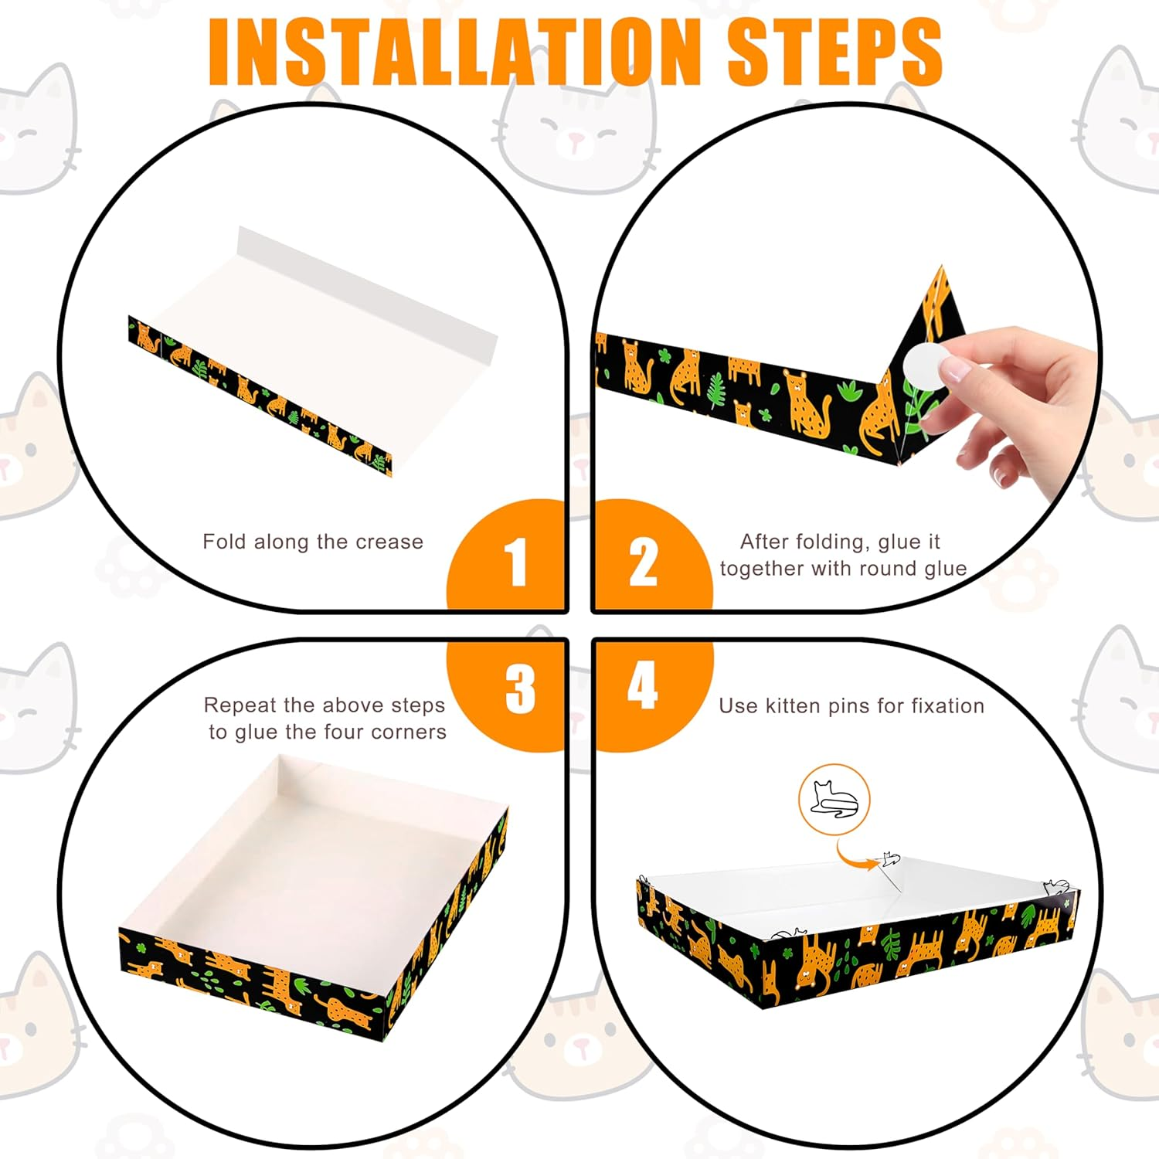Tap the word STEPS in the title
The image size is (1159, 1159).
tap(835, 52)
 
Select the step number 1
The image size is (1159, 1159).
tap(515, 562)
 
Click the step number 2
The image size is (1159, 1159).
tap(643, 562)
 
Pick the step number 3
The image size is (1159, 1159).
tap(520, 688)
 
